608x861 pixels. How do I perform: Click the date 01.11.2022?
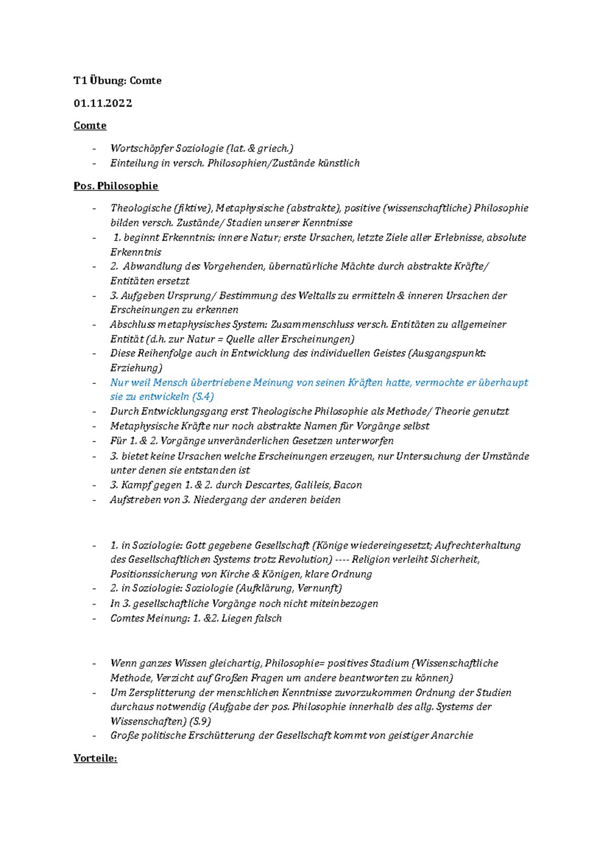click(x=103, y=103)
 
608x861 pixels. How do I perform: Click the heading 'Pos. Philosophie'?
click(x=116, y=186)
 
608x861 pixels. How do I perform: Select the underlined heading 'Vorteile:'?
click(x=95, y=759)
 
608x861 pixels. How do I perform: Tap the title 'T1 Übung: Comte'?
click(x=118, y=81)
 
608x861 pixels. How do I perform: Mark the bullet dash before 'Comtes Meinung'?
click(x=94, y=619)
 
